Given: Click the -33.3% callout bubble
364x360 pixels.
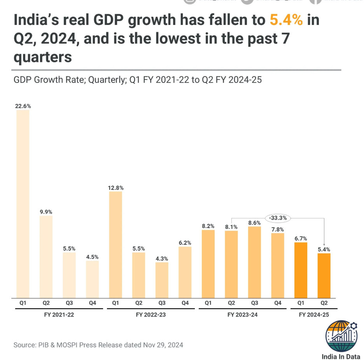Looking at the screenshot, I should pyautogui.click(x=278, y=218).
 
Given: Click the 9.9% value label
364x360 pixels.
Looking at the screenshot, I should pyautogui.click(x=46, y=212).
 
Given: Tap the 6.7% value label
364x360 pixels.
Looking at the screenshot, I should pyautogui.click(x=301, y=238).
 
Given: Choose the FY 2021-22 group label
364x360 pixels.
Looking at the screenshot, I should pyautogui.click(x=61, y=314).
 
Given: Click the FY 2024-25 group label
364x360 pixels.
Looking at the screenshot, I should pyautogui.click(x=314, y=314).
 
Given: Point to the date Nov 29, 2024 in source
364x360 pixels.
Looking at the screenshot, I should pyautogui.click(x=163, y=345).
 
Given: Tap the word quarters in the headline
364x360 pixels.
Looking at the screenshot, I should pyautogui.click(x=43, y=57).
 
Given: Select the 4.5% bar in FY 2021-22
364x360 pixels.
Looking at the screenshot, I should pyautogui.click(x=92, y=279).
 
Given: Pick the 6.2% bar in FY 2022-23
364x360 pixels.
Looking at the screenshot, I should pyautogui.click(x=185, y=272).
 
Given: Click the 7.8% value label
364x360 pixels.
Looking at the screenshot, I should pyautogui.click(x=278, y=229).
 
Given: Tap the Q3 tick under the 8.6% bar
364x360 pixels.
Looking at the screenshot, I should pyautogui.click(x=254, y=303).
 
